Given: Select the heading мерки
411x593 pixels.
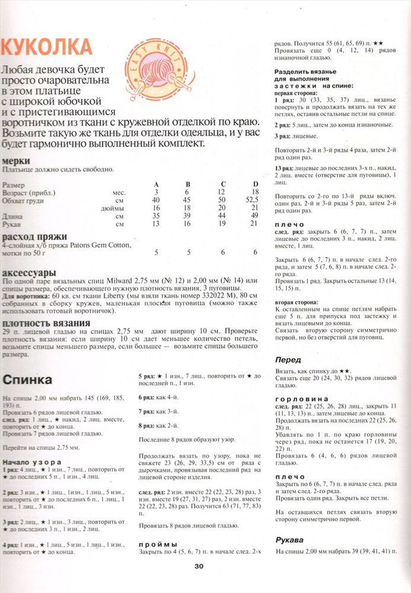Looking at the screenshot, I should point(17,161).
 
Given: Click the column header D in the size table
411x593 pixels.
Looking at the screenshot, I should point(256,184).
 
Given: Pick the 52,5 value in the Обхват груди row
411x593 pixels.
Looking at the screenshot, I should point(254,200).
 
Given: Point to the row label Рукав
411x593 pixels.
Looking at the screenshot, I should point(12,224).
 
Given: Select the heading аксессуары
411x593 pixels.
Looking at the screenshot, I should point(30,270).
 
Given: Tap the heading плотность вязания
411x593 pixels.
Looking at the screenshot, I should point(42,323).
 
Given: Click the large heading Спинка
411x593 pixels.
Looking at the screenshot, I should point(28,379).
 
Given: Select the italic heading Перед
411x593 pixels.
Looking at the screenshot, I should point(288,359).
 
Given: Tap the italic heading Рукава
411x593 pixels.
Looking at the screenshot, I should point(290,539).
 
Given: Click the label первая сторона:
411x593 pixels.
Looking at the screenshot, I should point(295,93).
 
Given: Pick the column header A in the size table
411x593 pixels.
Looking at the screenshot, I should point(157,184).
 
